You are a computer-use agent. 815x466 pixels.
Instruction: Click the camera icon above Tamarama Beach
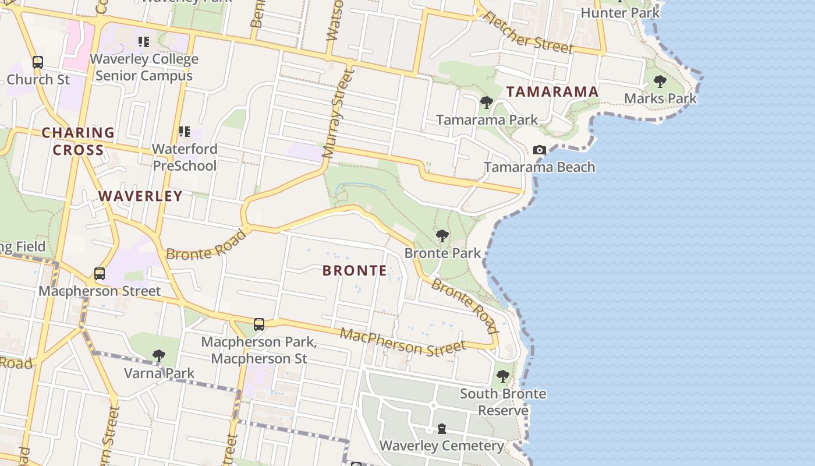540,150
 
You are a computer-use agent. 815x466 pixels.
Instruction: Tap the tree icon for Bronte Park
442,236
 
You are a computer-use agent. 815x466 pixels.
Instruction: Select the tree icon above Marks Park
660,82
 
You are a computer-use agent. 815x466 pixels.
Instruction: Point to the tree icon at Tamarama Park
487,103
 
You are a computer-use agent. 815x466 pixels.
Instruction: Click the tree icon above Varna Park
158,355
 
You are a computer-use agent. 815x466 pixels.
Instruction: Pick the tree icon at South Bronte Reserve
503,376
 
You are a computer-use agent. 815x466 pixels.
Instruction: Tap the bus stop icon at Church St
38,62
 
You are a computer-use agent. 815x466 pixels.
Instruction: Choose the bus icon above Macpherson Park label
259,324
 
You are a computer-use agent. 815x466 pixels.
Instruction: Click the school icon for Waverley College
143,42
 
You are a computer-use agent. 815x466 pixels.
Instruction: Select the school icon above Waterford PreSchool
184,132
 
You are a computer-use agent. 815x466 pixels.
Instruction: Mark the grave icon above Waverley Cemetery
442,429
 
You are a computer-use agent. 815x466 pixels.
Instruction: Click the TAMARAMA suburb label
552,91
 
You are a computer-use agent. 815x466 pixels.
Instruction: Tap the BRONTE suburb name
355,270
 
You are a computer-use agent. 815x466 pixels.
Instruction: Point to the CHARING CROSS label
78,142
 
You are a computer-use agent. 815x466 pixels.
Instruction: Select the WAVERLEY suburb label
140,196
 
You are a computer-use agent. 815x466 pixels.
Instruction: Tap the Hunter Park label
620,13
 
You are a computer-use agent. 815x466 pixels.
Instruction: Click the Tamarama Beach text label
540,167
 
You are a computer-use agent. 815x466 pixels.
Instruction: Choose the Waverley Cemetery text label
442,446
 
